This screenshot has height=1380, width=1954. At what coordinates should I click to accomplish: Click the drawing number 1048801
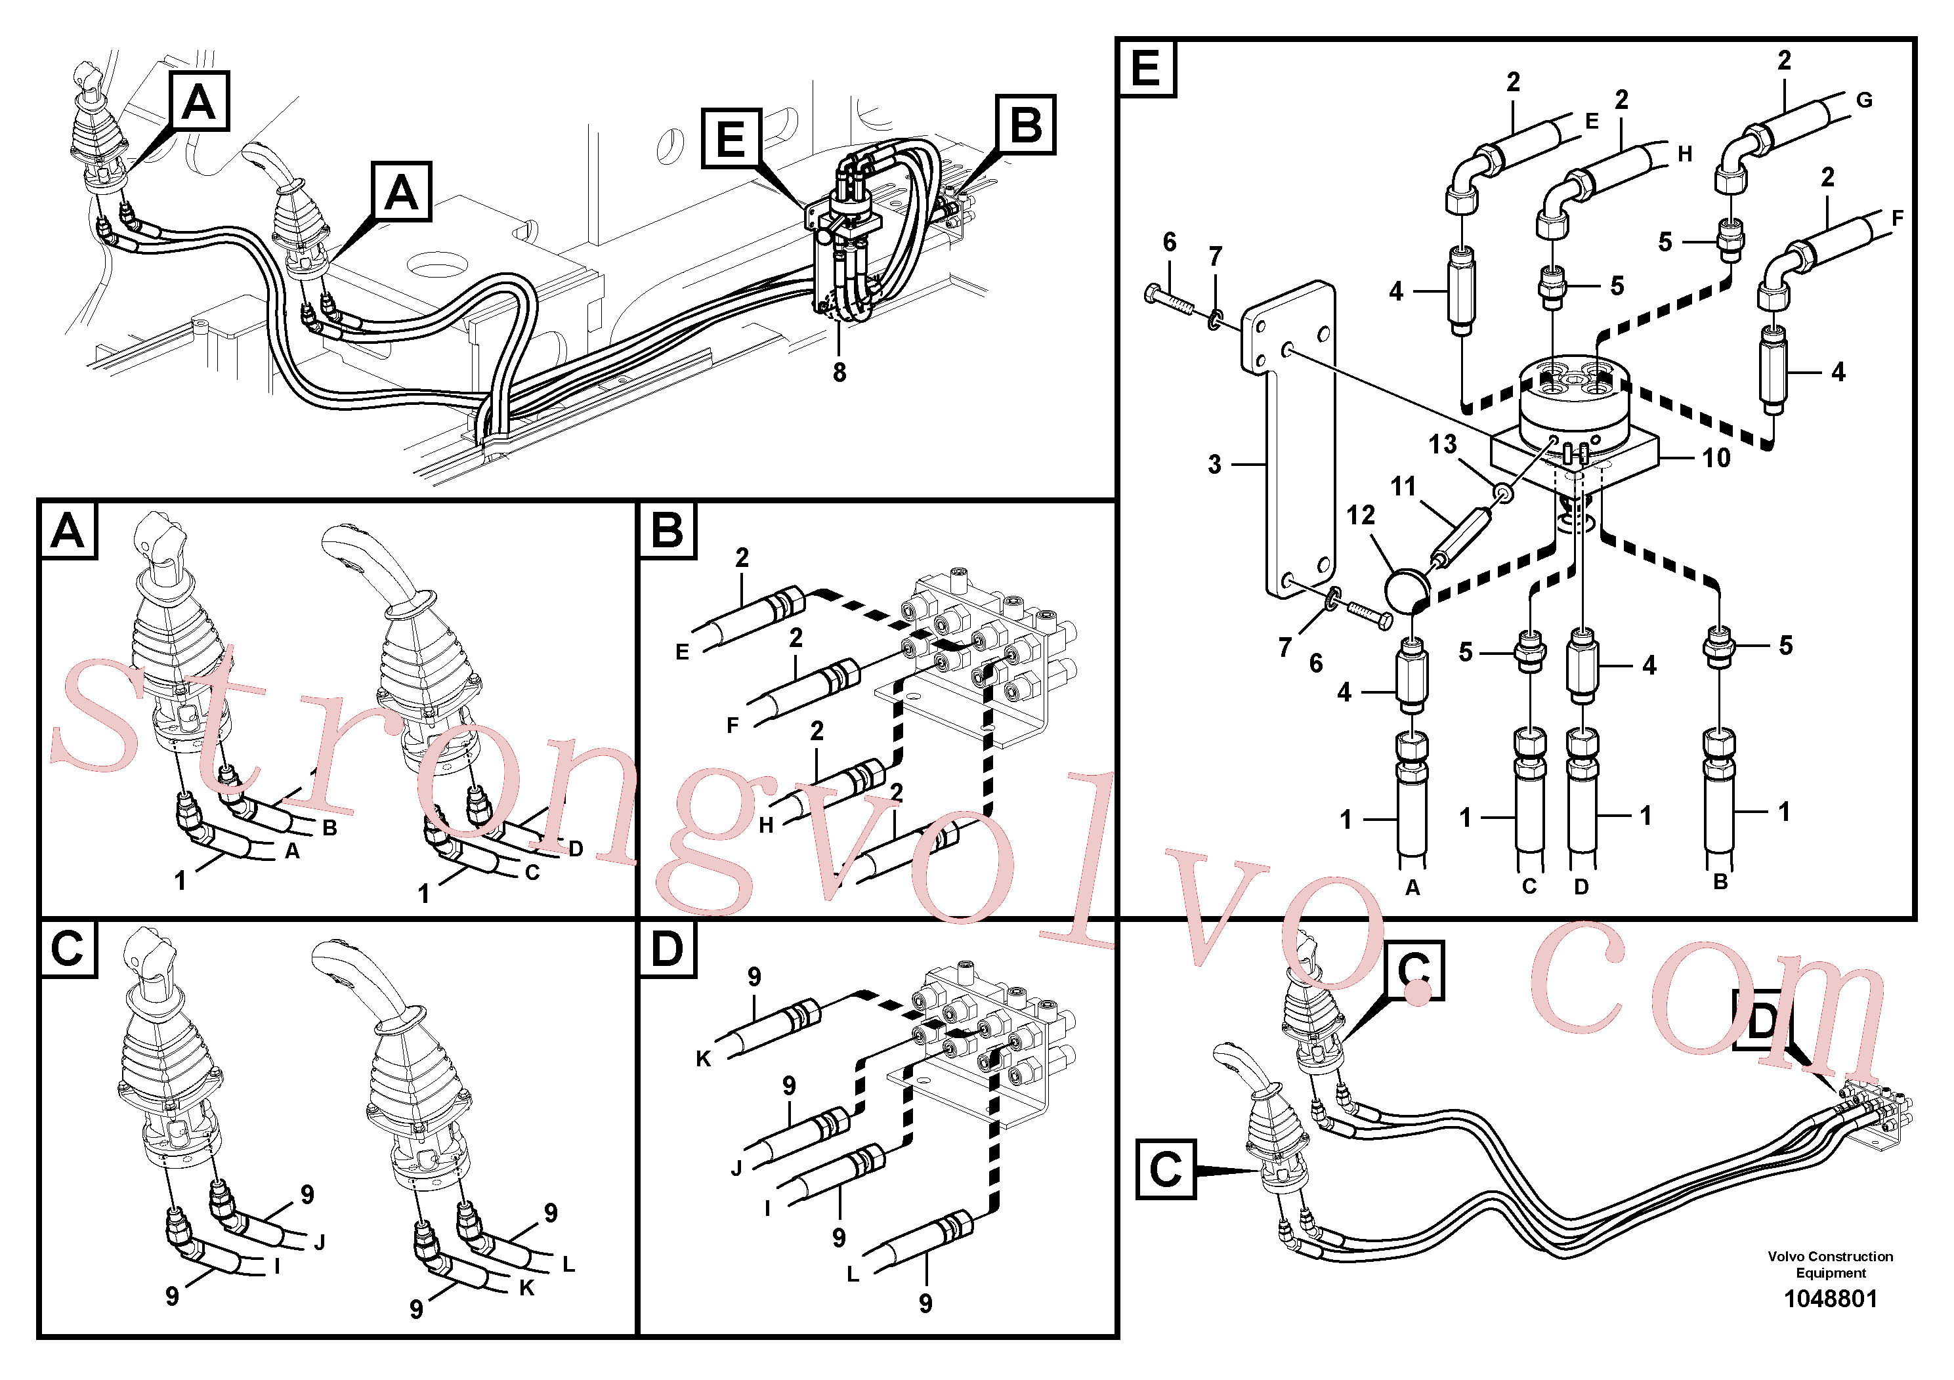pyautogui.click(x=1830, y=1299)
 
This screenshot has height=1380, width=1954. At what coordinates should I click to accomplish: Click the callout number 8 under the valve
pyautogui.click(x=839, y=373)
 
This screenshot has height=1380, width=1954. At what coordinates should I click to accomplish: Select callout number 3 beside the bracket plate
pyautogui.click(x=1214, y=465)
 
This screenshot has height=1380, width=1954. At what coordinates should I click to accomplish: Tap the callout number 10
pyautogui.click(x=1716, y=459)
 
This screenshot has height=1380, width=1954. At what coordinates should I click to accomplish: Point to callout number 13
pyautogui.click(x=1443, y=444)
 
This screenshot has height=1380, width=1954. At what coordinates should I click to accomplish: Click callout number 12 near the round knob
pyautogui.click(x=1361, y=514)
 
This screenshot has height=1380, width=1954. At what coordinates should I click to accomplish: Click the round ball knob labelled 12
pyautogui.click(x=1405, y=590)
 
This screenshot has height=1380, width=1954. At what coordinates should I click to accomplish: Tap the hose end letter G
pyautogui.click(x=1864, y=100)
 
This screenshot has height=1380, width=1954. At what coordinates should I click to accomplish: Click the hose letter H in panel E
pyautogui.click(x=1684, y=154)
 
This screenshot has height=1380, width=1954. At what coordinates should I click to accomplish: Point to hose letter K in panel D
pyautogui.click(x=703, y=1059)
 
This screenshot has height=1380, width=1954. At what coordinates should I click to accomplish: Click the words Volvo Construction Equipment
pyautogui.click(x=1830, y=1265)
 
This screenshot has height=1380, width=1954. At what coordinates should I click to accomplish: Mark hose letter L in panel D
pyautogui.click(x=853, y=1274)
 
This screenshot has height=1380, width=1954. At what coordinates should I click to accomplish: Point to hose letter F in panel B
pyautogui.click(x=732, y=726)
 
